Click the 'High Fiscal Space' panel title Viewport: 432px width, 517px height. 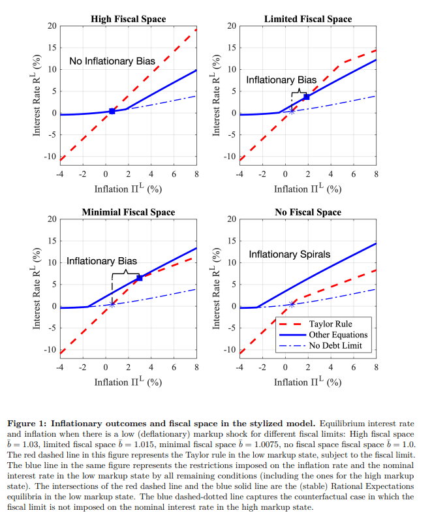pyautogui.click(x=127, y=19)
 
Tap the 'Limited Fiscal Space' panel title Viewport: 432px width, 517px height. pyautogui.click(x=308, y=19)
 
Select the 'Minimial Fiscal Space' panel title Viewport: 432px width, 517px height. pyautogui.click(x=128, y=212)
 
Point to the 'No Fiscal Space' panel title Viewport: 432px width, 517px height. pyautogui.click(x=308, y=212)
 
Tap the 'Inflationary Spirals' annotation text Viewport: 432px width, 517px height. pyautogui.click(x=290, y=254)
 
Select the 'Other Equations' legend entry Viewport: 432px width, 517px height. pyautogui.click(x=338, y=334)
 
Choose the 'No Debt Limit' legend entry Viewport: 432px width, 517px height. pyautogui.click(x=335, y=345)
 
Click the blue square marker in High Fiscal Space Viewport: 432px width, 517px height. pyautogui.click(x=112, y=111)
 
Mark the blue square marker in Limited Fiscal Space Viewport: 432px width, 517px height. pyautogui.click(x=306, y=97)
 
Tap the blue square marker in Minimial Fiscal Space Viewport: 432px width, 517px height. pyautogui.click(x=139, y=278)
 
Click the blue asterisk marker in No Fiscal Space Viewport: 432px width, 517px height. pyautogui.click(x=292, y=304)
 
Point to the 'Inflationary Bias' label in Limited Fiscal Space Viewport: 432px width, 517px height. pyautogui.click(x=281, y=80)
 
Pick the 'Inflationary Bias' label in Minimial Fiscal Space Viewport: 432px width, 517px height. pyautogui.click(x=101, y=261)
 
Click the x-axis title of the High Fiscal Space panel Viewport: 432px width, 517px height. pyautogui.click(x=128, y=189)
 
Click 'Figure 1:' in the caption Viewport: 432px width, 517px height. pyautogui.click(x=28, y=423)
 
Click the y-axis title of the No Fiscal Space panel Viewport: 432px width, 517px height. pyautogui.click(x=217, y=285)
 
